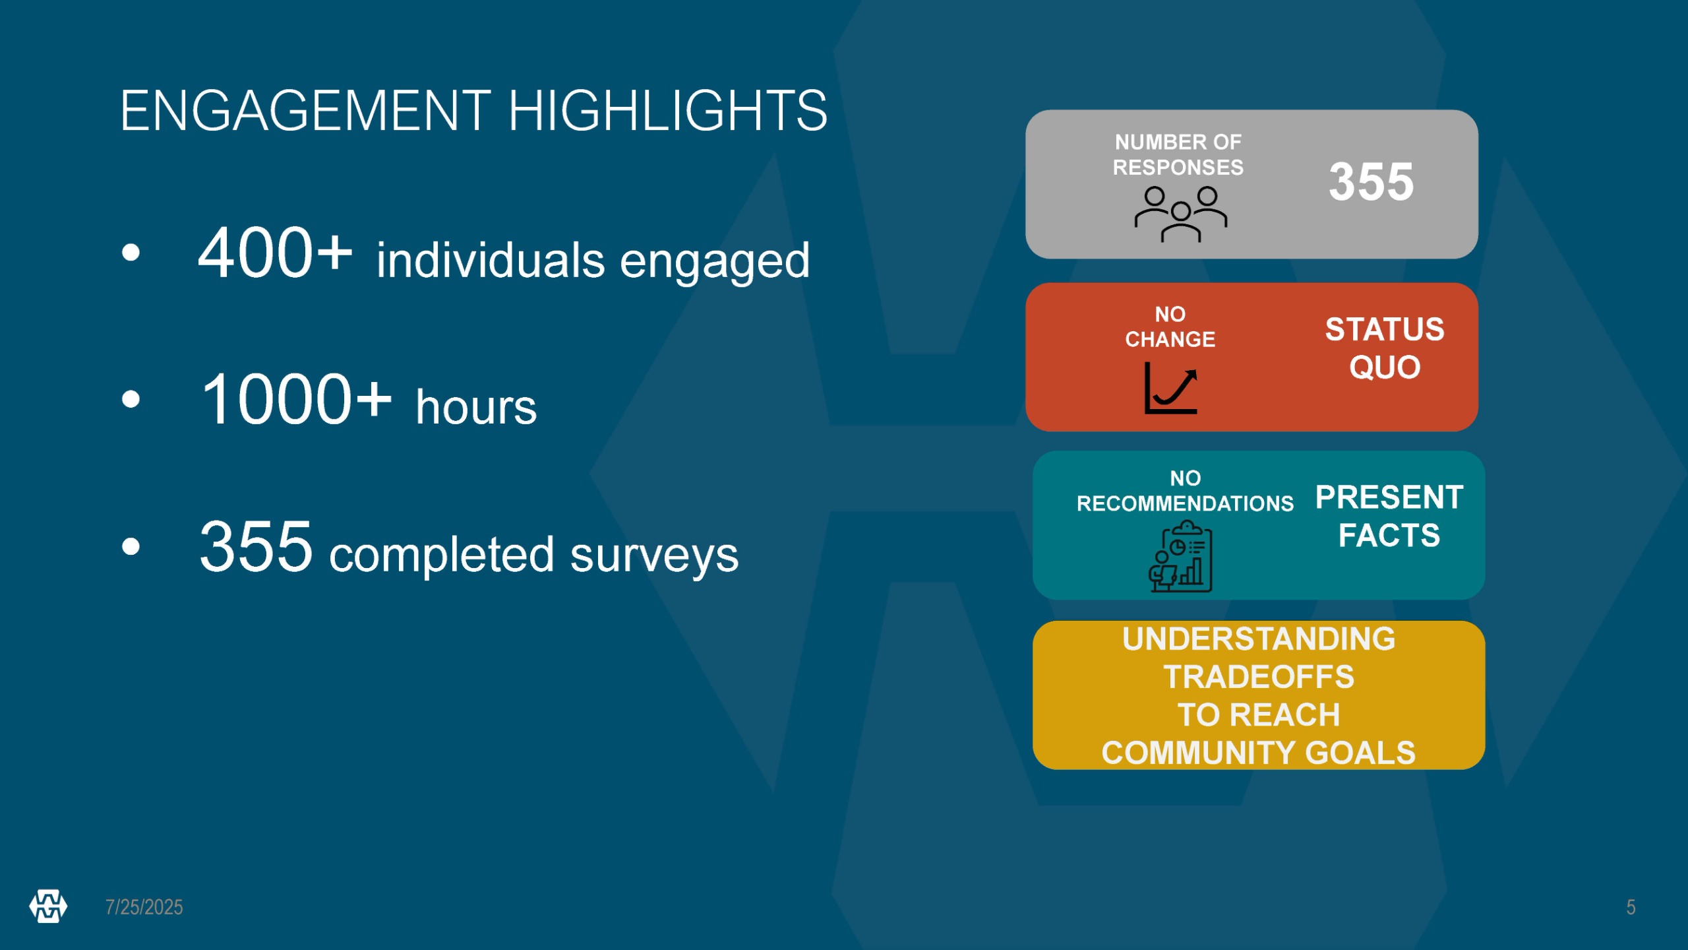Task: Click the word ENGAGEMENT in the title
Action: coord(306,111)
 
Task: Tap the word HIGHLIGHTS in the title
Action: coord(667,111)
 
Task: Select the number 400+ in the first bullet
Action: coord(275,253)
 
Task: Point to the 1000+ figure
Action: coord(296,399)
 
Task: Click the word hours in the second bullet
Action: coord(476,407)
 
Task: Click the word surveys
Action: coord(654,556)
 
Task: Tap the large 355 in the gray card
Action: coord(1371,182)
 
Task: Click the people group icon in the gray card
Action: coord(1180,214)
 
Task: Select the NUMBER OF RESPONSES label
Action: coord(1178,154)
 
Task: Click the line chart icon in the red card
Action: coord(1171,388)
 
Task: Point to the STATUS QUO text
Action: coord(1385,348)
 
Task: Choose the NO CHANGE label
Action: coord(1170,327)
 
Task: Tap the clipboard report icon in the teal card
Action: coord(1180,556)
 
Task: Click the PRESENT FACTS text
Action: coord(1389,516)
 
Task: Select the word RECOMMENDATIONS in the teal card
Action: coord(1185,504)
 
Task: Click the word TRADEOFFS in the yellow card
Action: coord(1259,678)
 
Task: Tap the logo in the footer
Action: coord(48,906)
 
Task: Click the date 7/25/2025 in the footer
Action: coord(144,907)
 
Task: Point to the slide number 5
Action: coord(1631,907)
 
